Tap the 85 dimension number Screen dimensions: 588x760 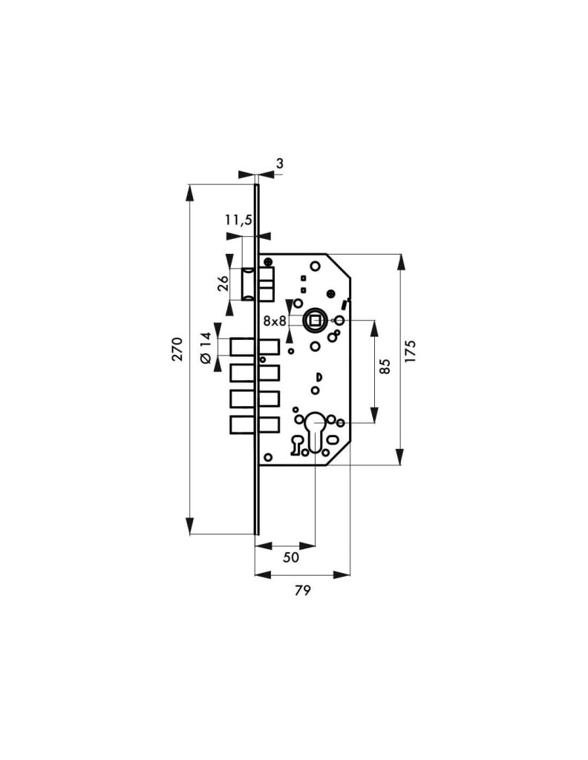click(x=385, y=366)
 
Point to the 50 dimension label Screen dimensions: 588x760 click(x=291, y=557)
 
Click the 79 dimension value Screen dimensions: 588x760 click(x=302, y=590)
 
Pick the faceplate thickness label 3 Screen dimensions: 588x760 click(x=280, y=164)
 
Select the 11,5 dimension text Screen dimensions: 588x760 click(x=238, y=220)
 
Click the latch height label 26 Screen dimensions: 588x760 click(x=223, y=283)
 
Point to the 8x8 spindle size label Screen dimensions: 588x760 click(x=275, y=321)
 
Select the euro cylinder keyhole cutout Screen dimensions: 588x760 click(x=316, y=431)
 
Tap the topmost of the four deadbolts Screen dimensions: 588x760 click(x=255, y=347)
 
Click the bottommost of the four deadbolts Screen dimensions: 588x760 click(x=255, y=425)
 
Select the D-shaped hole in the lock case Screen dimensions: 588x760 click(x=319, y=376)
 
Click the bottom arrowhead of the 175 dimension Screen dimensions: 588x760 click(x=400, y=456)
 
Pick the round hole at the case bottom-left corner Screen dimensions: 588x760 click(x=268, y=456)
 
